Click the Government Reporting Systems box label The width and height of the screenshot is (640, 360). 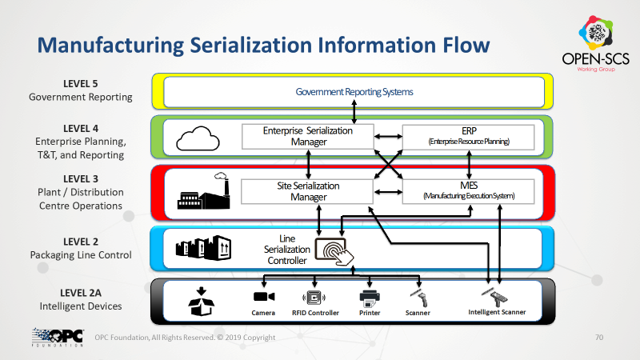[x=354, y=92]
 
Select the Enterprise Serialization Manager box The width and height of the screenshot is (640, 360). [x=308, y=137]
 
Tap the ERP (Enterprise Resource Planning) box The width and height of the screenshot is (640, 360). [x=469, y=137]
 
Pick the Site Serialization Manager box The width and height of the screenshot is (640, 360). [x=307, y=191]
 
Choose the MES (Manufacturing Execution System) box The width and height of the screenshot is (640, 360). [x=469, y=191]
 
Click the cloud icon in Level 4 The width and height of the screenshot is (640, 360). [x=198, y=138]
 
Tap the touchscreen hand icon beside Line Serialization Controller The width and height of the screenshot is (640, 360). [x=334, y=252]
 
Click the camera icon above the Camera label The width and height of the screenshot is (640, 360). [x=264, y=297]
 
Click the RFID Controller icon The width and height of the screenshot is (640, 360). [x=314, y=298]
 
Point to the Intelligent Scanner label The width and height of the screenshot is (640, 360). [x=497, y=312]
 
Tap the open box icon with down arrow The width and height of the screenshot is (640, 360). [x=202, y=302]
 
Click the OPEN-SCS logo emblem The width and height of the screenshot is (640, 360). [x=596, y=32]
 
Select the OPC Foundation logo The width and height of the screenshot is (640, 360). [x=58, y=337]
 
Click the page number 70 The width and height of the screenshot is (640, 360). [x=598, y=337]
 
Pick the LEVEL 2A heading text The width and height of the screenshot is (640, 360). [x=81, y=293]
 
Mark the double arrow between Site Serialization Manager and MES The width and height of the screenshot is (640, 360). [x=388, y=192]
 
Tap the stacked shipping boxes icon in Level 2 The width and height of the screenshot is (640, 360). [x=203, y=248]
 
